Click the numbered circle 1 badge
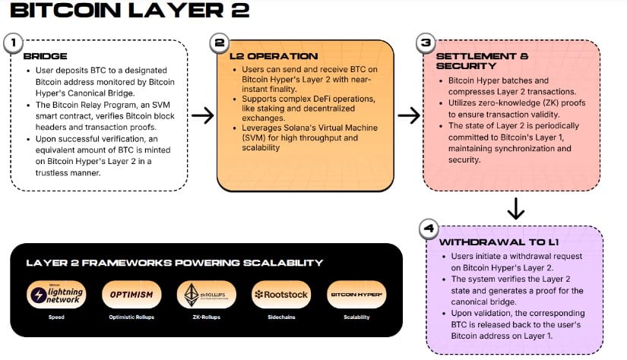tap(12, 43)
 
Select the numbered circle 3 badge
tap(425, 43)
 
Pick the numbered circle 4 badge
tap(428, 229)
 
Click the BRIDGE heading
tap(46, 56)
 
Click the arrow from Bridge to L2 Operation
tap(202, 115)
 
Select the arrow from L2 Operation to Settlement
tap(409, 115)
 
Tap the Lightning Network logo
tap(56, 295)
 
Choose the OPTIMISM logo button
tap(131, 295)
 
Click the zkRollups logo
tap(201, 295)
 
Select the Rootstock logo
tap(280, 295)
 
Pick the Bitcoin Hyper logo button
tap(355, 295)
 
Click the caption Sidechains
tap(280, 317)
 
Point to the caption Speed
tap(56, 317)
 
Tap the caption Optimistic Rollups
tap(131, 317)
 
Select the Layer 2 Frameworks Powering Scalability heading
tap(175, 263)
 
